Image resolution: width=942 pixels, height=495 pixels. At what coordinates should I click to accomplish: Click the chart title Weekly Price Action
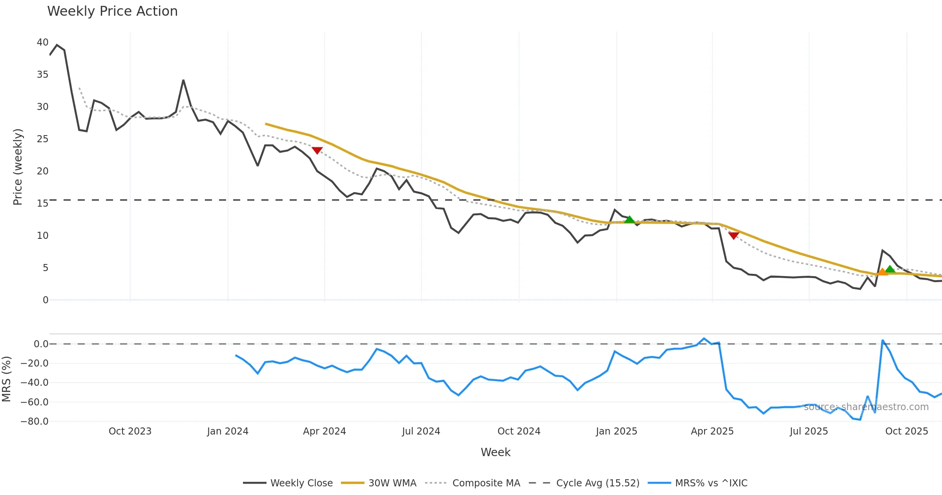112,11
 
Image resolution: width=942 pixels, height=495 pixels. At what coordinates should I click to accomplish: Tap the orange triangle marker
882,272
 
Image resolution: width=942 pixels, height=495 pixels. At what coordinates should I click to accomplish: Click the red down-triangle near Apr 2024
317,150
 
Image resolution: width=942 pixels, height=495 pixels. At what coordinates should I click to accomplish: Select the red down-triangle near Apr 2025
734,235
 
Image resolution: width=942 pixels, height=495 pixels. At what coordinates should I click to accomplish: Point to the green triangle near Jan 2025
629,220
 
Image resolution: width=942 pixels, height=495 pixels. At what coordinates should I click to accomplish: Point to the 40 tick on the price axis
42,42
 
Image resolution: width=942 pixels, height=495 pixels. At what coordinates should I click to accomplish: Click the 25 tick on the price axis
42,139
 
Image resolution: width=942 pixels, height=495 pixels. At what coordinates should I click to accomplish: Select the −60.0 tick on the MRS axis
35,402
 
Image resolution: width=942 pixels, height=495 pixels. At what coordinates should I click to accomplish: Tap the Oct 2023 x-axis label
130,431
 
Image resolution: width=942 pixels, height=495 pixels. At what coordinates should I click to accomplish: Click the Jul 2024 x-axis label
421,431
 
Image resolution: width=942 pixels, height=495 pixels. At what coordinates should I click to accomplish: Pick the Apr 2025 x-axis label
712,431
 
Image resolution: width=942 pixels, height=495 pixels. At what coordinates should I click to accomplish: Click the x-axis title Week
495,452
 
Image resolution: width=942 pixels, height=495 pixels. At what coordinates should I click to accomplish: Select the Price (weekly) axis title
18,167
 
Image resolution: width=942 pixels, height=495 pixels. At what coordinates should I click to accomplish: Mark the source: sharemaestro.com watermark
866,407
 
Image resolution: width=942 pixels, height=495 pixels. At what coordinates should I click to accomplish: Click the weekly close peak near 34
183,81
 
